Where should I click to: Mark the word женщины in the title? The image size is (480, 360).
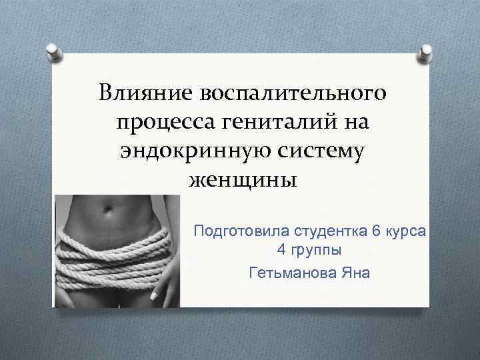click(242, 180)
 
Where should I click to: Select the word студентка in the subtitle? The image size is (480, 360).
click(329, 231)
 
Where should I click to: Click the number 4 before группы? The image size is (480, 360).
click(281, 252)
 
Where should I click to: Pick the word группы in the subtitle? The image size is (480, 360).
click(317, 253)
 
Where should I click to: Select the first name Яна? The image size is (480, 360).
click(355, 273)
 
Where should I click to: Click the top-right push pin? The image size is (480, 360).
click(424, 52)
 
